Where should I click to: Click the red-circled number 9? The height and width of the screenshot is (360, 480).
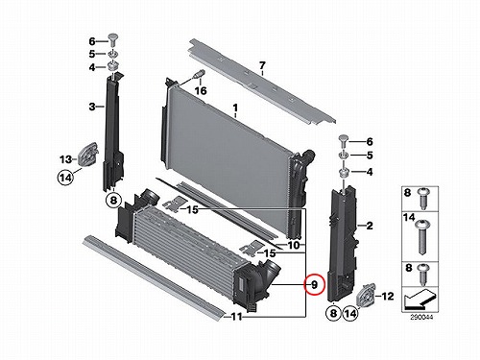click(x=314, y=284)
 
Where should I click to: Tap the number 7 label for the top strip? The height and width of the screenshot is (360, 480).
click(x=262, y=66)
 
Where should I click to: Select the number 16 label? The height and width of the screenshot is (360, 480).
click(x=201, y=91)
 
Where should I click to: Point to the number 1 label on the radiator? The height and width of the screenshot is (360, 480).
click(x=235, y=108)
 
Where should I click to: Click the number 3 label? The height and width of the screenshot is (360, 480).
click(x=92, y=107)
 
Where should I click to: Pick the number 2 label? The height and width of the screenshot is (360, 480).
click(x=370, y=226)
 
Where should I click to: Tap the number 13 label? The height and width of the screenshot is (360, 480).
click(x=65, y=158)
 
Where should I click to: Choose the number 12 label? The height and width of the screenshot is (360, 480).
click(x=388, y=297)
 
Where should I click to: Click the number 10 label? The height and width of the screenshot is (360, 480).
click(x=294, y=246)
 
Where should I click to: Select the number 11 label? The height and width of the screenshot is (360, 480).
click(x=236, y=317)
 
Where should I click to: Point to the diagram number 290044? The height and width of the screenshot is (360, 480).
click(x=421, y=318)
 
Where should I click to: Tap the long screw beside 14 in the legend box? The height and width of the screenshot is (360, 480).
click(x=422, y=237)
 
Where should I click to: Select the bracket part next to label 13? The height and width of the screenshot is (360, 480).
click(x=87, y=155)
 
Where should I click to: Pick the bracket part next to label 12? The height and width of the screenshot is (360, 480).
click(x=366, y=296)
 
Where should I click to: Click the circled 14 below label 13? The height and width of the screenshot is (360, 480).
click(x=65, y=177)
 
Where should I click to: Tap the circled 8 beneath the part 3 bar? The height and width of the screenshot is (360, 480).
click(x=113, y=201)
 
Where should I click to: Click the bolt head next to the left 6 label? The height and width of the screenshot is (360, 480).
click(x=112, y=39)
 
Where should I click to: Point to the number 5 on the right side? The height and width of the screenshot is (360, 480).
click(x=370, y=156)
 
